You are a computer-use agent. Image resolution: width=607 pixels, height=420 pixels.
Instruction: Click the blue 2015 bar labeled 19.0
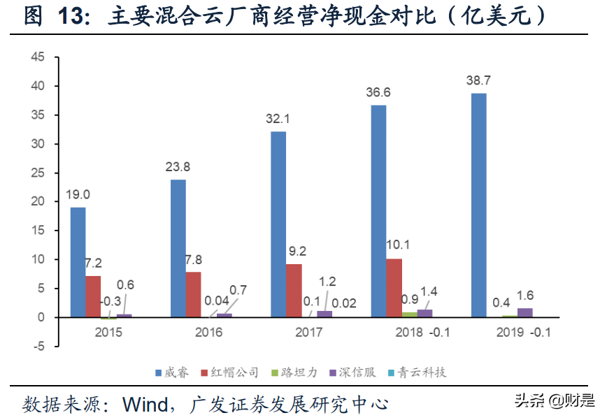78,262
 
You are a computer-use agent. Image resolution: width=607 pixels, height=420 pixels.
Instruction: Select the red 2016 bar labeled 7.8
193,294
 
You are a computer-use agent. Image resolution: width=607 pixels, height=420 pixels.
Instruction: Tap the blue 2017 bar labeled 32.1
278,224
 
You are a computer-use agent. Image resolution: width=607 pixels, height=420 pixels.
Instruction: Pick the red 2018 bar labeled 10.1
394,288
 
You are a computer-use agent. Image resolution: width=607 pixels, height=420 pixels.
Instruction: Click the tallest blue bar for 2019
478,205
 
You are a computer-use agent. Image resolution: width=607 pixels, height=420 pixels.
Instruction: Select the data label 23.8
178,168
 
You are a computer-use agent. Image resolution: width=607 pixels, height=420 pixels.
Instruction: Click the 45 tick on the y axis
40,57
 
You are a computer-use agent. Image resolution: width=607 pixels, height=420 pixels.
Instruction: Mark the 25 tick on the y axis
40,173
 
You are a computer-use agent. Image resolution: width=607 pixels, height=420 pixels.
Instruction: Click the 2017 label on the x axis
308,333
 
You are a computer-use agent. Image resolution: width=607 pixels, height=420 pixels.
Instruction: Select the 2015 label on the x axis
108,333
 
